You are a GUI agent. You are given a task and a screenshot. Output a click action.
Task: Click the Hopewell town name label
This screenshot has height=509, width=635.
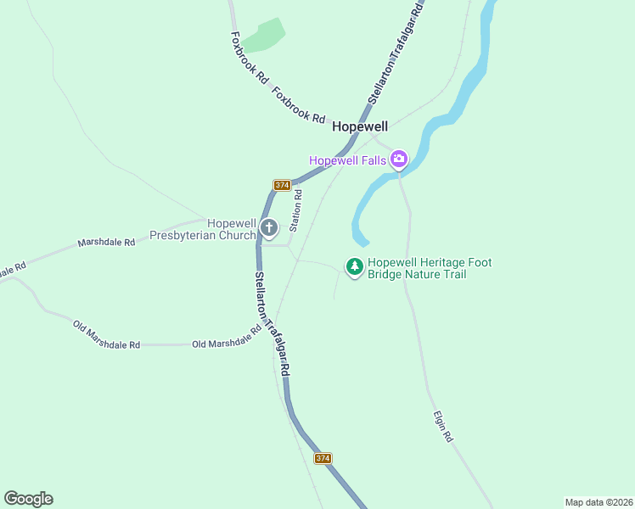(x=360, y=126)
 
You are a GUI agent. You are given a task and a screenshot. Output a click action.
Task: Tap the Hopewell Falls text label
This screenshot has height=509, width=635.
(x=348, y=159)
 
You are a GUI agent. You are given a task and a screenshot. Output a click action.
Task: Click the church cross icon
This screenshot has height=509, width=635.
(x=269, y=227)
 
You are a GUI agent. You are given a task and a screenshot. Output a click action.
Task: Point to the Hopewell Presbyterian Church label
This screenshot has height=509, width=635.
(x=202, y=229)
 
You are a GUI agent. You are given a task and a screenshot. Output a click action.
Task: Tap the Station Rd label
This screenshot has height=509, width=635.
(x=295, y=211)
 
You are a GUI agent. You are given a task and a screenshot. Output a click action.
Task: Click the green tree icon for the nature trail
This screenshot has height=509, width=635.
(x=355, y=267)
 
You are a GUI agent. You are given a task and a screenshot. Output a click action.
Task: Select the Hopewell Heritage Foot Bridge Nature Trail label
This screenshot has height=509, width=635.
(x=430, y=269)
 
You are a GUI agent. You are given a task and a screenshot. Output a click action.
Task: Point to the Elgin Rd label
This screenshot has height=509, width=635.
(x=443, y=427)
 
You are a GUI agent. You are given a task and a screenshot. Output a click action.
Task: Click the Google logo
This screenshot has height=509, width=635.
(x=28, y=499)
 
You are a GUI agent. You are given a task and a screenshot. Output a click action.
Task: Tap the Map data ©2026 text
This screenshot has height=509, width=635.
(x=599, y=501)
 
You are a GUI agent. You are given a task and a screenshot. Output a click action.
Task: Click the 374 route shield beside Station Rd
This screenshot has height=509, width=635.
(x=283, y=185)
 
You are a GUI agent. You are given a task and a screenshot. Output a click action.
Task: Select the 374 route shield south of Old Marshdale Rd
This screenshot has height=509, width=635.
(x=323, y=458)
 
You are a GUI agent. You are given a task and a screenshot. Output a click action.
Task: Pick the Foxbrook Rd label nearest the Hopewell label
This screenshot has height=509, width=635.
(x=300, y=106)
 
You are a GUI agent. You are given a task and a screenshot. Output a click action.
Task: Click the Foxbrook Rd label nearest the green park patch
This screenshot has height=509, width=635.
(x=250, y=57)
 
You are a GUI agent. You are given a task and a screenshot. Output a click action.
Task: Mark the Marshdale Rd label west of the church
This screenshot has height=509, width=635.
(x=106, y=243)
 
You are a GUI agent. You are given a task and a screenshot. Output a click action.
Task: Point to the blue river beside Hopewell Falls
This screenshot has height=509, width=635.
(x=374, y=191)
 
